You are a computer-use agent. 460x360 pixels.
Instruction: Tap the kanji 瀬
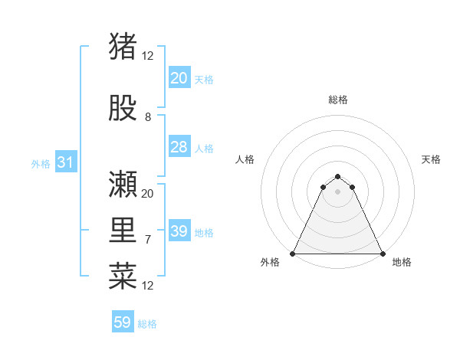tap(123, 184)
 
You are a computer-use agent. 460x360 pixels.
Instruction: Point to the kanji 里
tap(123, 230)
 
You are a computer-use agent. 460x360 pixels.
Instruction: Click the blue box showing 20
tap(179, 78)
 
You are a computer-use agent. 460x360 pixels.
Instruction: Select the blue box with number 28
tap(179, 147)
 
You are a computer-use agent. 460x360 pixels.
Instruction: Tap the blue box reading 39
tap(179, 231)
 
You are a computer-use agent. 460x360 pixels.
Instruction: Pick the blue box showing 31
tap(65, 162)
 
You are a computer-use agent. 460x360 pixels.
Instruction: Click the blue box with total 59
tap(123, 322)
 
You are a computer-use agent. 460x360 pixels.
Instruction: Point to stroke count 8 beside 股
tap(148, 117)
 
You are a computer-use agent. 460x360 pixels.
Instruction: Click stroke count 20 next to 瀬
tap(148, 193)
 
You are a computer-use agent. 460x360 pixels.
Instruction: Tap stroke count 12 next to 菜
tap(148, 286)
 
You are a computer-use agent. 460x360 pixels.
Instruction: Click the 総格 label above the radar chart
tap(338, 100)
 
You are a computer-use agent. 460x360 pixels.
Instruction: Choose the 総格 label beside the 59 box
tap(148, 324)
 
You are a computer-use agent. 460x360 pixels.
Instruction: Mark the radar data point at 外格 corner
tap(293, 254)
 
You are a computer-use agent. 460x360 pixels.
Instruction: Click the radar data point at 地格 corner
tap(382, 254)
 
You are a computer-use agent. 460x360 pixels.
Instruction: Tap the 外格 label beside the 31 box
tap(41, 163)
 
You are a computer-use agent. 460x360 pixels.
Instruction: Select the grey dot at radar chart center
tap(337, 191)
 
